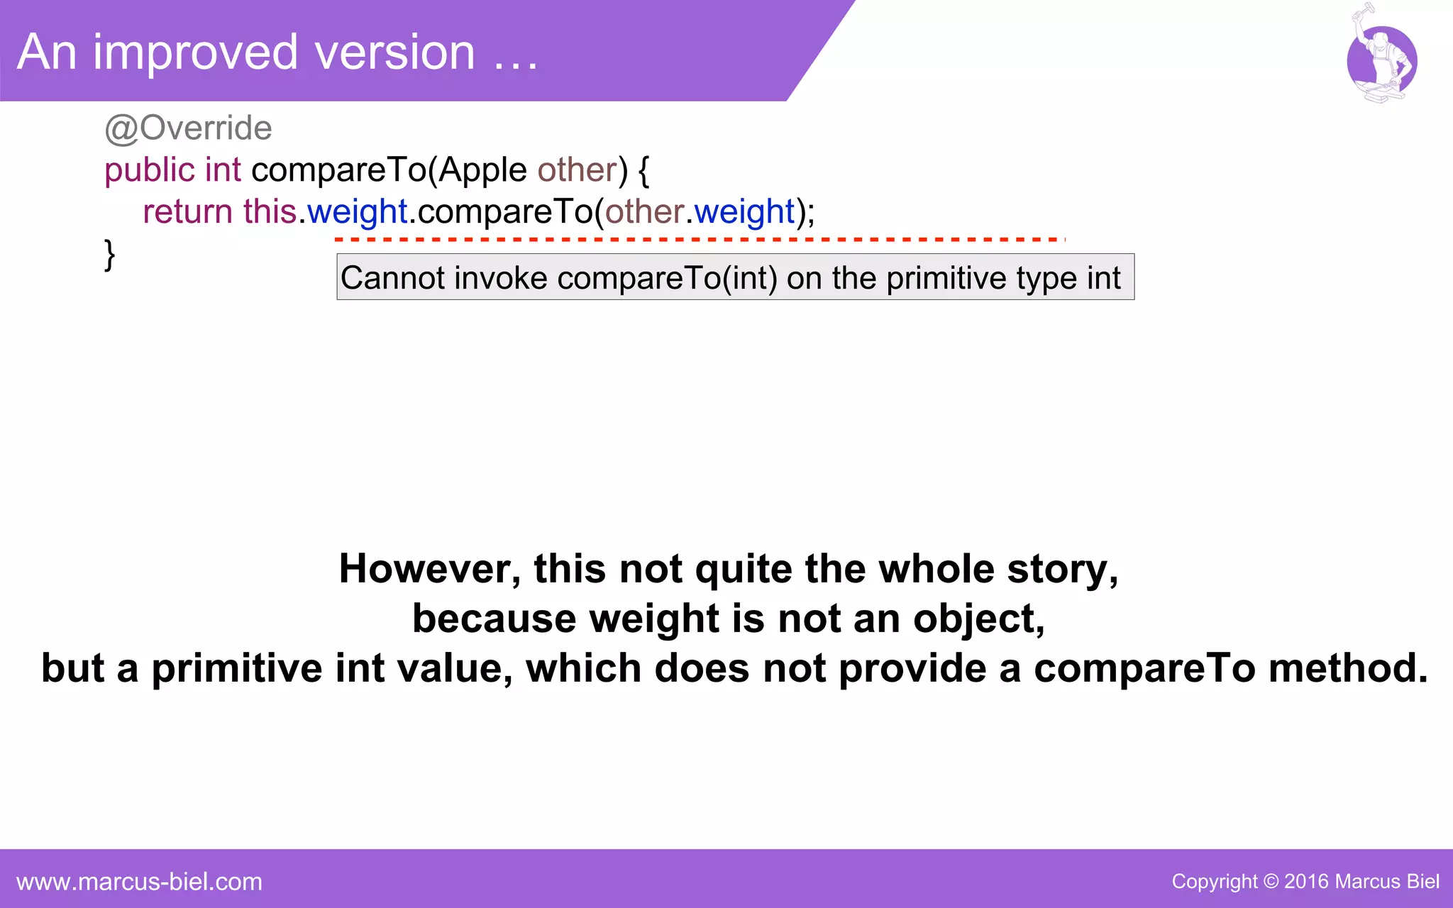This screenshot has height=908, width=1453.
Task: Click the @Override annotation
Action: click(188, 128)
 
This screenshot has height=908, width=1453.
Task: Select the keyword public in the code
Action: click(149, 171)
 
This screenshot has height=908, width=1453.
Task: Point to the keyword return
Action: click(187, 212)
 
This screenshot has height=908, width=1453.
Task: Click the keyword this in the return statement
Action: click(270, 212)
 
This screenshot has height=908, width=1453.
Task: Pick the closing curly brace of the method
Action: click(109, 255)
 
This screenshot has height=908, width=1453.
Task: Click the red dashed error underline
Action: click(699, 240)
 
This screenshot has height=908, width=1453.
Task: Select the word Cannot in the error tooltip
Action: click(392, 278)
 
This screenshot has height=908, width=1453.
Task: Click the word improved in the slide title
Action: click(195, 52)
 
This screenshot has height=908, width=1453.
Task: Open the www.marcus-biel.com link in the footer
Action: click(139, 882)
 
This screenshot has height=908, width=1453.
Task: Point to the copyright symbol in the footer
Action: click(1271, 882)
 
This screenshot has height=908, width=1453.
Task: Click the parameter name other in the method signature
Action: click(577, 171)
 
